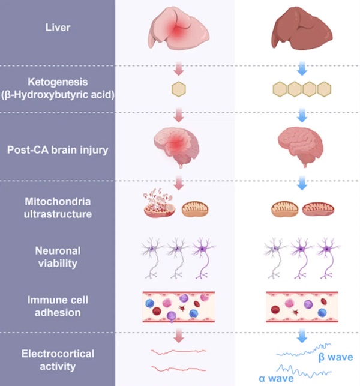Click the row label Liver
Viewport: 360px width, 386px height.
[x=57, y=27]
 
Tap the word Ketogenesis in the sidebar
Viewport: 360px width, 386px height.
[x=57, y=81]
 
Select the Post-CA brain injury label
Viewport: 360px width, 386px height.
[x=57, y=149]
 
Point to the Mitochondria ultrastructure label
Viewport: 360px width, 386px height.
[x=57, y=207]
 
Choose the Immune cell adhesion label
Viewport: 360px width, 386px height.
[x=57, y=306]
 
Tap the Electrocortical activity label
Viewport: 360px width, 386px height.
[x=57, y=360]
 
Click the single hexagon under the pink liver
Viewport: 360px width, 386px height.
[x=178, y=89]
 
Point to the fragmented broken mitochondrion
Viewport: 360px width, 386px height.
[x=159, y=206]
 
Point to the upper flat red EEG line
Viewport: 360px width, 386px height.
[x=178, y=351]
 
